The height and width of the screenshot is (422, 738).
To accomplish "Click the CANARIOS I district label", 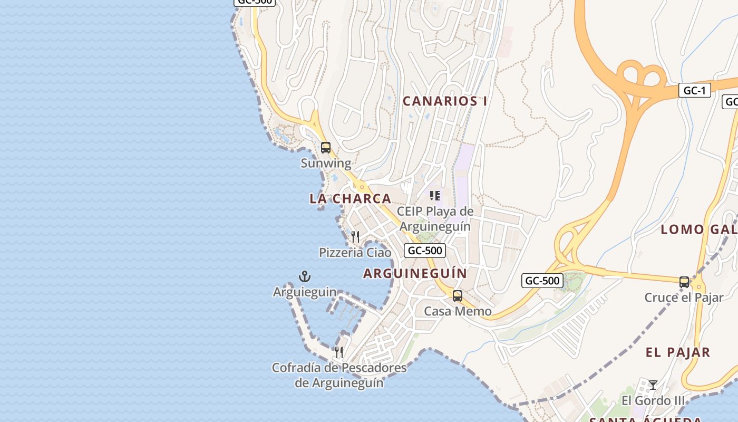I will click(x=445, y=101).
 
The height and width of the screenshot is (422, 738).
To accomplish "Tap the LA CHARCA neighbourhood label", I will click(x=350, y=199).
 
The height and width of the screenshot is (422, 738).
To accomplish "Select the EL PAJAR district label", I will click(x=678, y=352).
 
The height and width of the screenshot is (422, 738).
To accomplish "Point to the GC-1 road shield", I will click(x=694, y=90).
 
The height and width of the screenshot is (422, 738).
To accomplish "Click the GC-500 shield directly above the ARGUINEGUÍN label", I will click(x=425, y=251).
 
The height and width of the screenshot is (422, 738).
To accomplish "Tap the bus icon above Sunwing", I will click(x=326, y=148).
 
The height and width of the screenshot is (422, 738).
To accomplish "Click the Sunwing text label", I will click(x=326, y=163).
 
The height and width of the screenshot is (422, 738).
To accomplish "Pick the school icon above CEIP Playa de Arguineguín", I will click(x=435, y=196).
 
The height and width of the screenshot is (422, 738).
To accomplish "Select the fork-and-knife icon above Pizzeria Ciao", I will click(x=355, y=237).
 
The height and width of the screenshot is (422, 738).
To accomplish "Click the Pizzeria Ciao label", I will click(x=355, y=253).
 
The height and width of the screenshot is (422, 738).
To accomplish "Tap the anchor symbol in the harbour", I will click(x=305, y=276).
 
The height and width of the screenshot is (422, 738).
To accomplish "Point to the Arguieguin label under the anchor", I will click(x=305, y=292).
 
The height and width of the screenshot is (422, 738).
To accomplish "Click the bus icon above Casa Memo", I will click(x=458, y=296).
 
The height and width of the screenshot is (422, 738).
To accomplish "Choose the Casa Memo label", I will click(x=458, y=311).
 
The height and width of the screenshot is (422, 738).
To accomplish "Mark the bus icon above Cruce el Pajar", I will click(x=684, y=282).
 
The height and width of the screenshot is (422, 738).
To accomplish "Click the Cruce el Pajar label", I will click(x=684, y=298).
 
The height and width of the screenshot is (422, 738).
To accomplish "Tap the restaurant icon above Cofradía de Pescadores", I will click(x=339, y=352).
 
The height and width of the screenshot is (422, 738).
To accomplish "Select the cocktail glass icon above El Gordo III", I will click(x=653, y=385).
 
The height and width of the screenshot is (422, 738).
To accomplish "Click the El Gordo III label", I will click(x=653, y=400).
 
